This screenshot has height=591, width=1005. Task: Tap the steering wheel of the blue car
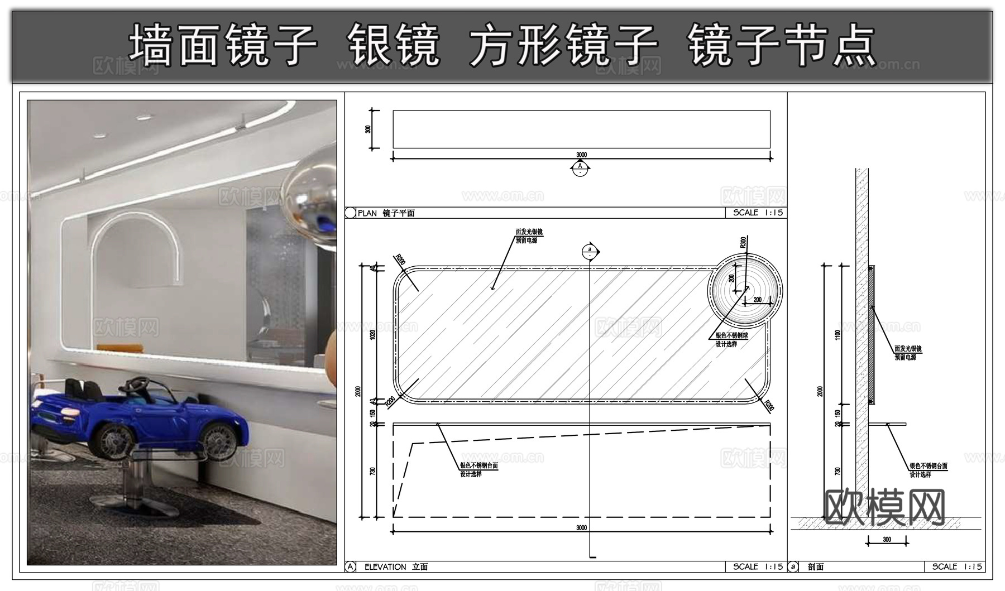coord(136,385)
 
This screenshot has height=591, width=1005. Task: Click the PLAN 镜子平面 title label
coord(386,213)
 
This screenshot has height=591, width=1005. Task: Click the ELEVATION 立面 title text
coord(396,567)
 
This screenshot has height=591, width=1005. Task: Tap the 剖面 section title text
coord(816,567)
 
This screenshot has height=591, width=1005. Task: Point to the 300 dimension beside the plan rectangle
coord(367,129)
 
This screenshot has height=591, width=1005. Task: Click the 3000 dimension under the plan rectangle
coord(581,155)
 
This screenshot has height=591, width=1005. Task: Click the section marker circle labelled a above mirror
coord(590,252)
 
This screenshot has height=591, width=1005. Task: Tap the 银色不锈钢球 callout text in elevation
coord(731,336)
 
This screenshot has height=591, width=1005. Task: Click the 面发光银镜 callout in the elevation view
coord(529,232)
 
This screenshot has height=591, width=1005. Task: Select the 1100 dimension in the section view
coord(837,335)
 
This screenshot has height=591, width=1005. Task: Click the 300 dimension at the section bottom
coord(887,540)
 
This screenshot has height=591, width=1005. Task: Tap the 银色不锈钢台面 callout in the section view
coord(928,466)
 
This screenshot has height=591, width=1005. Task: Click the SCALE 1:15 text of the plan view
coord(758,213)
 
